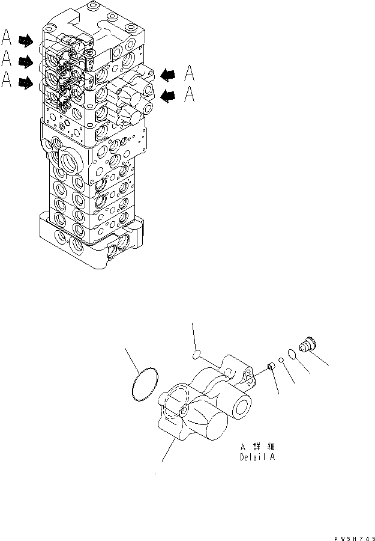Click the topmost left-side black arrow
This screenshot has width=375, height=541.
tap(26, 41)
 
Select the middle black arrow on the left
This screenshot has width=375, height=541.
tap(26, 61)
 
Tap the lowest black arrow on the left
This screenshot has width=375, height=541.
tap(26, 83)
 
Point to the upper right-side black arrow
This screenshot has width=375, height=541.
tap(169, 74)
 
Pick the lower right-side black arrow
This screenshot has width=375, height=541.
tap(169, 94)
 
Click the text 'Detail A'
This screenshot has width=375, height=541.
tap(259, 457)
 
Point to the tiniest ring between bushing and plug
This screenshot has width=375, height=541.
tap(282, 361)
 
